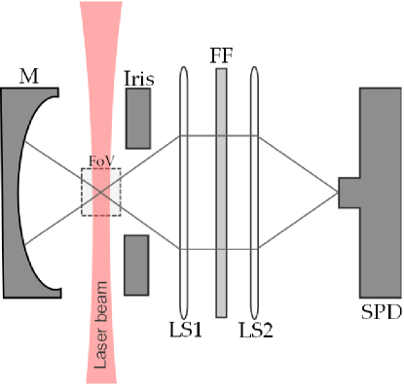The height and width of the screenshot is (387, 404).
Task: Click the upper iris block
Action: pos(138,121)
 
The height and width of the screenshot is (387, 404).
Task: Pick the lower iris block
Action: pos(138,264)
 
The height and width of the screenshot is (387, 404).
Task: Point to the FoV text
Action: pos(101,160)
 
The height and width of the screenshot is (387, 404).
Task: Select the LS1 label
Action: pos(184,331)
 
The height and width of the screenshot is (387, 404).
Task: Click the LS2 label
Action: pos(256,331)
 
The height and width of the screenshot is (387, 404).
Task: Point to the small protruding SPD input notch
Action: pos(349,192)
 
